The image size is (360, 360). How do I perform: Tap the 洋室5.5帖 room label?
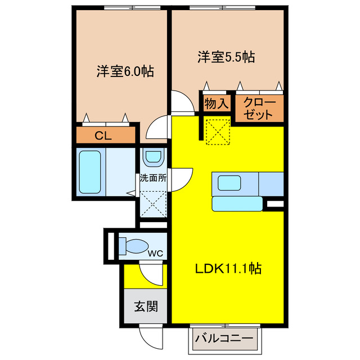(x=226, y=56)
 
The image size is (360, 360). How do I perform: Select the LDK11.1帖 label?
(x=227, y=269)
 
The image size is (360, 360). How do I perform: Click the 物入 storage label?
(x=217, y=103)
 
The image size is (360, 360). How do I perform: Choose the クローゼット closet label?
(x=259, y=107)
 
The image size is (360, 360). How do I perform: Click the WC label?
(x=155, y=253)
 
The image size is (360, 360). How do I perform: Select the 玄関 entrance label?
(x=145, y=307)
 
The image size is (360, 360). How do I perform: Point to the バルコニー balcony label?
(x=224, y=339)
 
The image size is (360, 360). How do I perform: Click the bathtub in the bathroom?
(x=89, y=171)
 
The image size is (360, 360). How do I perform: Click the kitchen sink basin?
(x=229, y=182)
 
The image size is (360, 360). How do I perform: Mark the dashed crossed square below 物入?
(x=217, y=132)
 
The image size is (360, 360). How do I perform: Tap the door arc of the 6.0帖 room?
(x=156, y=128)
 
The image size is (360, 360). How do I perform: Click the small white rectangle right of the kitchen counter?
(x=274, y=204)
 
